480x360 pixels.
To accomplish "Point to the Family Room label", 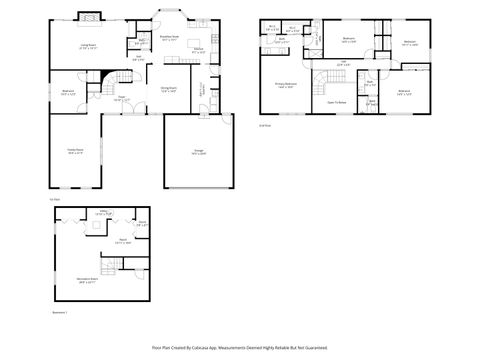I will coord(75,150).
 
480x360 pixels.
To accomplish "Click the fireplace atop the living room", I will coord(89,17).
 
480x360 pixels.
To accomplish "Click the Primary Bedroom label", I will coord(285,87).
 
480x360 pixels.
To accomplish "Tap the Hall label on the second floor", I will coord(342,65).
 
